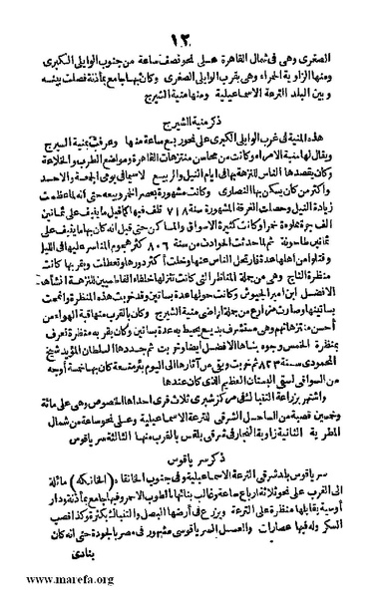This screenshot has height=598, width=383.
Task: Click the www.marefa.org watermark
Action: [x=47, y=580]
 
